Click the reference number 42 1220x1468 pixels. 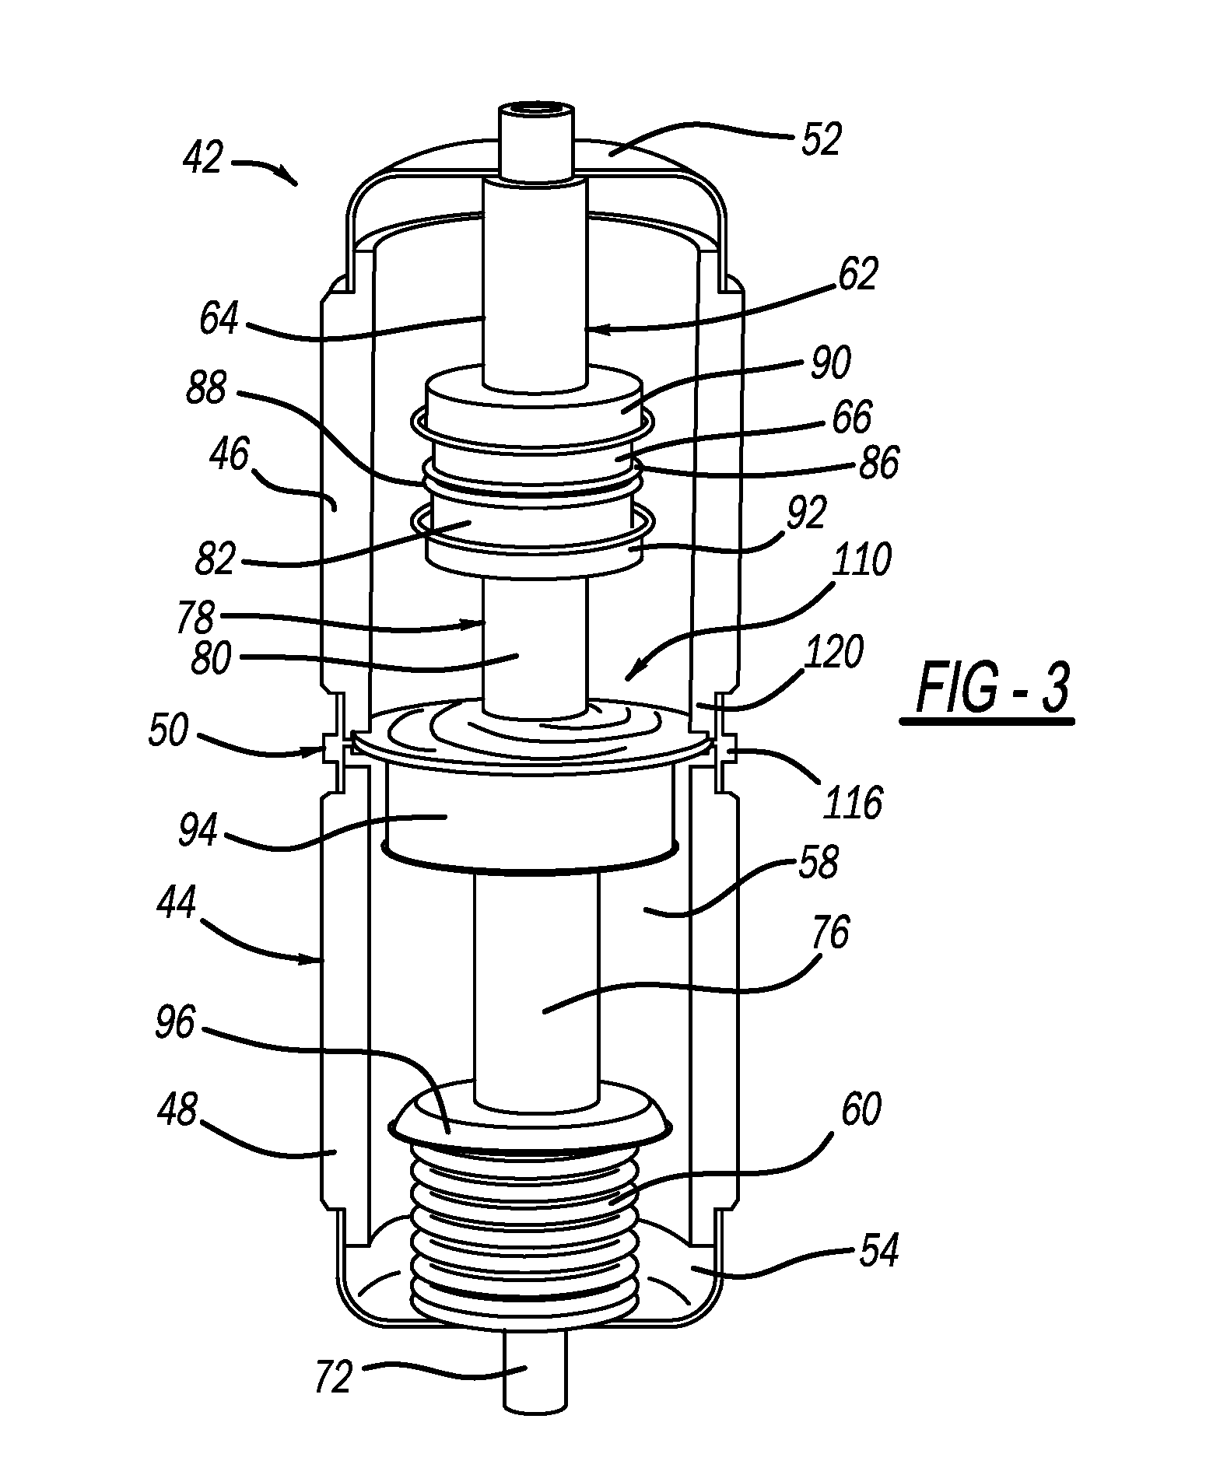[x=204, y=159]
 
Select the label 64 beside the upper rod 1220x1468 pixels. [x=219, y=318]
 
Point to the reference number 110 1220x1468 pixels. [x=861, y=559]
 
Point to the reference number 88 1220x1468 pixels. [x=206, y=388]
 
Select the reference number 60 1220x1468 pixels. [x=860, y=1110]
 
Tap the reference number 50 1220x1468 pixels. [x=169, y=731]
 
